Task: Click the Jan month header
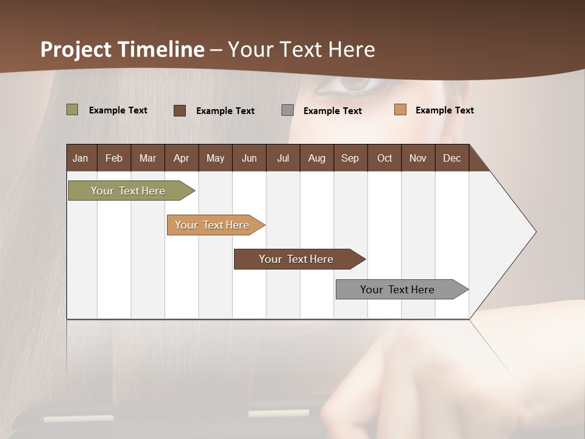(81, 158)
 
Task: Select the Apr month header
(181, 158)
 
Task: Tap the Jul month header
(283, 158)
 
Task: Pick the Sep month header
(350, 158)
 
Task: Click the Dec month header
(452, 158)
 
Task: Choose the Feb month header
(114, 158)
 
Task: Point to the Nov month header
(417, 158)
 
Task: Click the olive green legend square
(72, 110)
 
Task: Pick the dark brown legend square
(180, 110)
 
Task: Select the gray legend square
(288, 110)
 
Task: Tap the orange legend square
(400, 110)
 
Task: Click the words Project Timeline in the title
(122, 49)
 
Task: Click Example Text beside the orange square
(444, 110)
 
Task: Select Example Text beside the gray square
(332, 111)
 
